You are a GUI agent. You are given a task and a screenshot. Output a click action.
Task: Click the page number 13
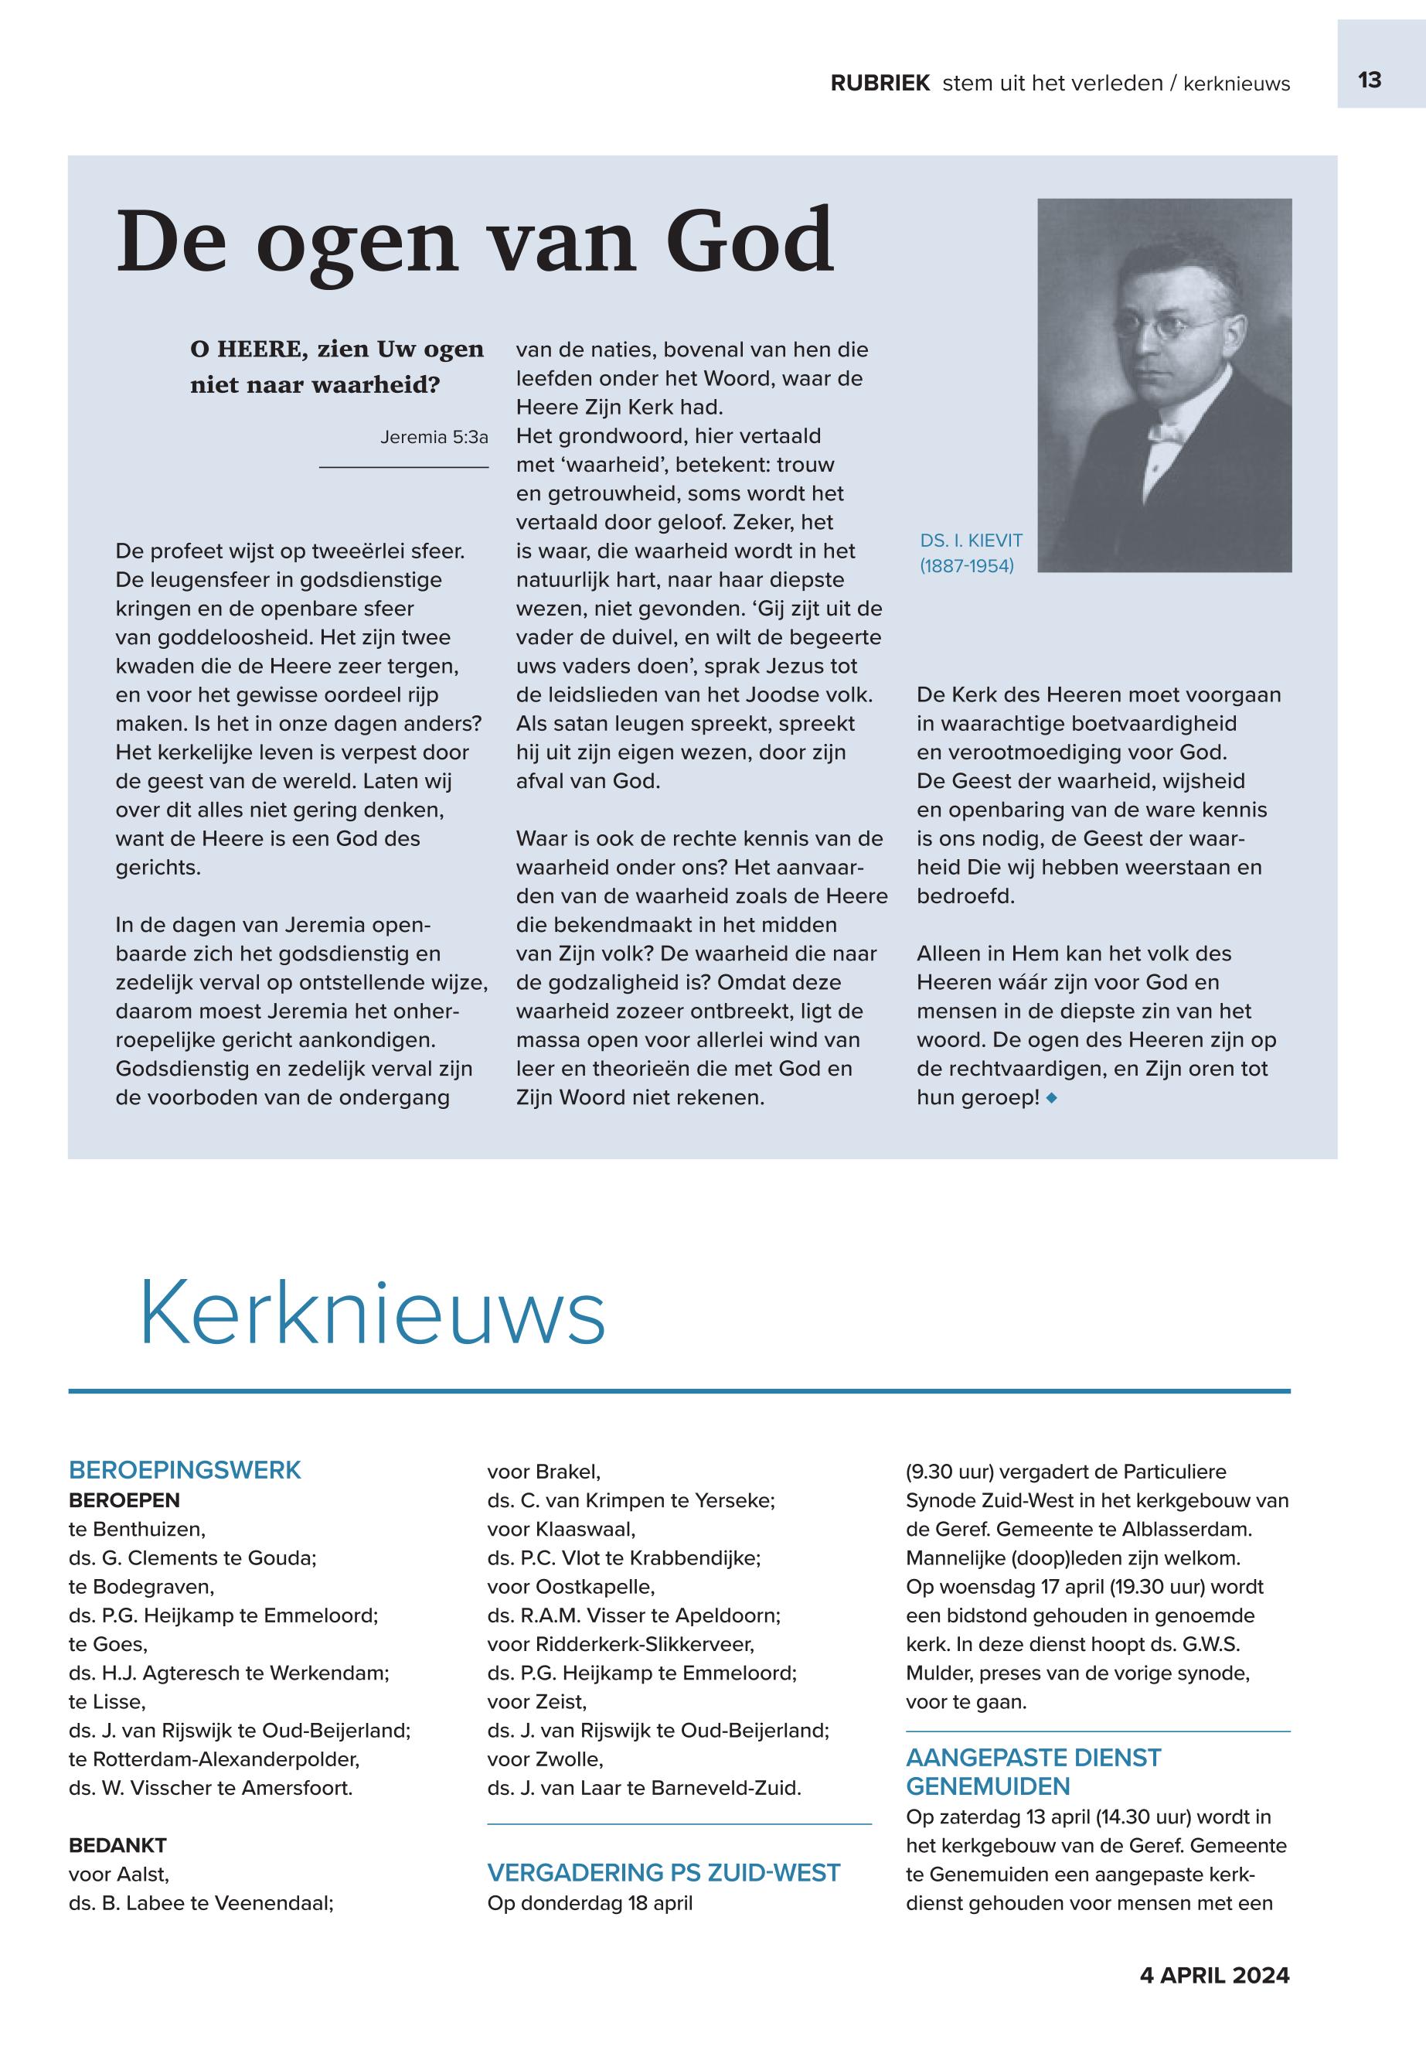1369,80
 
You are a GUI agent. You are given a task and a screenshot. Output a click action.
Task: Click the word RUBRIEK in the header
880,84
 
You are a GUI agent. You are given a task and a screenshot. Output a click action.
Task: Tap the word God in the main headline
750,241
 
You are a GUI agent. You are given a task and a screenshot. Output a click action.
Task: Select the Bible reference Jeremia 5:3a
434,437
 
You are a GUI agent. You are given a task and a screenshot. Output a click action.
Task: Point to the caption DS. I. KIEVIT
972,540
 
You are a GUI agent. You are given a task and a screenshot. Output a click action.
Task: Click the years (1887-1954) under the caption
967,566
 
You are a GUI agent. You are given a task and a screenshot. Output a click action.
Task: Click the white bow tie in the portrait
1163,435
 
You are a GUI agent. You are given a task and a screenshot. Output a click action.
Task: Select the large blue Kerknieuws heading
372,1313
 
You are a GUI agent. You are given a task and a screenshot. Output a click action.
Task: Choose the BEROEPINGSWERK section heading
185,1471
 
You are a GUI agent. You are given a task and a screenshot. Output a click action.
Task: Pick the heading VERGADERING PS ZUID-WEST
664,1873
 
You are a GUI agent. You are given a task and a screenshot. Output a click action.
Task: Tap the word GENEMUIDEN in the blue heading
987,1787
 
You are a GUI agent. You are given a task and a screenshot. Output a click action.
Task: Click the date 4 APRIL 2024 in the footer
1214,1976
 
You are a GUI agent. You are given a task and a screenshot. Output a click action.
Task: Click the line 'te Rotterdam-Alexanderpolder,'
214,1759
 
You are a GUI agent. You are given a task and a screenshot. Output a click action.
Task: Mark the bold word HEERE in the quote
258,350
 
